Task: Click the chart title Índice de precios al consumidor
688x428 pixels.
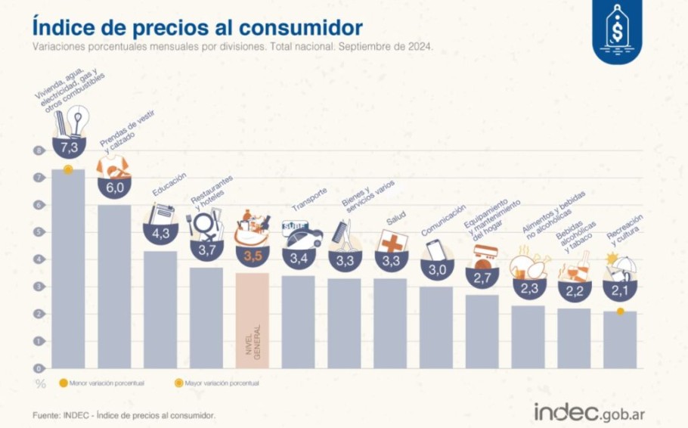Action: [197, 27]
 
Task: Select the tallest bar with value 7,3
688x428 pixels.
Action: [68, 272]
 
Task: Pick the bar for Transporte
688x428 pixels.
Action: [298, 321]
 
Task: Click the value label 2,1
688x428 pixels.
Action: [619, 291]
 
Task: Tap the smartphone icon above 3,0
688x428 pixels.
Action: [436, 250]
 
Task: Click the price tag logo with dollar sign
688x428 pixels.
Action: [618, 29]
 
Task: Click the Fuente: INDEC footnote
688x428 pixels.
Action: [124, 415]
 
